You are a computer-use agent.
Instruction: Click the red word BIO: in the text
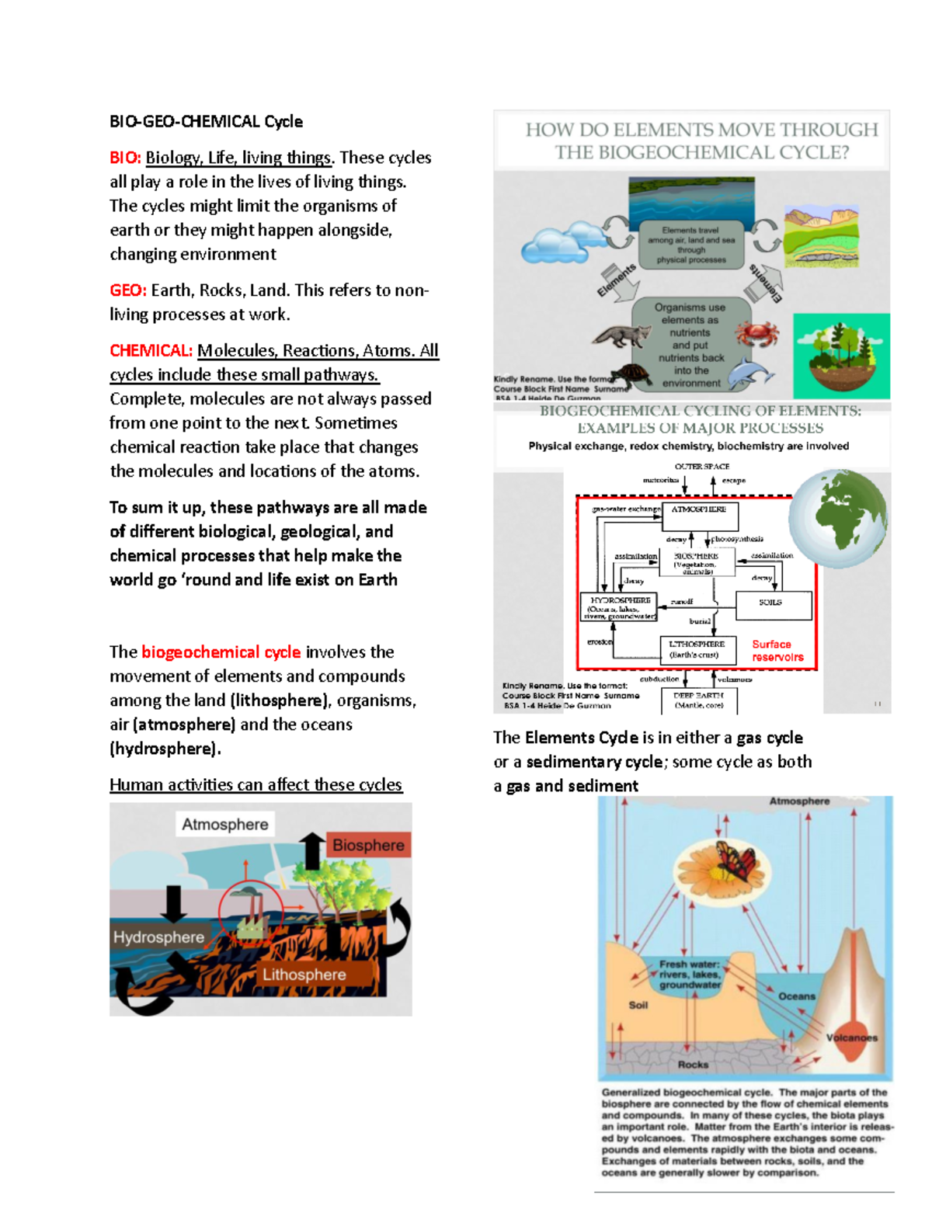125,158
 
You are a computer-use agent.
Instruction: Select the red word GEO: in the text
128,290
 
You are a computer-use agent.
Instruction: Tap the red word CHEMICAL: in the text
151,351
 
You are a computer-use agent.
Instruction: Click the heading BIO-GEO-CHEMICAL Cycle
206,122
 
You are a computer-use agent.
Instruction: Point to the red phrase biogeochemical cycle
221,652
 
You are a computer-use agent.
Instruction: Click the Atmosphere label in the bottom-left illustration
224,825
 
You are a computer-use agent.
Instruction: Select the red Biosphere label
368,845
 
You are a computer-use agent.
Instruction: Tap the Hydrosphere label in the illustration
158,937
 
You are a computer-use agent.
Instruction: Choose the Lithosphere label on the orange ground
304,975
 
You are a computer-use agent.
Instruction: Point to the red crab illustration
756,335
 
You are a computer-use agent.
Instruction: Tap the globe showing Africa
839,518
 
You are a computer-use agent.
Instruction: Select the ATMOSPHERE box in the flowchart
699,516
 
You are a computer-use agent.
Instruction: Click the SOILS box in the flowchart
770,604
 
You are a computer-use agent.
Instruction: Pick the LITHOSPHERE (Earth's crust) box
697,649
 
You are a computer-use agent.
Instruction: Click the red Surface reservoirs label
777,651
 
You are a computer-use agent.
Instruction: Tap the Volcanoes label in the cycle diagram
851,1037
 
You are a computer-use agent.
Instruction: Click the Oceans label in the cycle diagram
796,996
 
